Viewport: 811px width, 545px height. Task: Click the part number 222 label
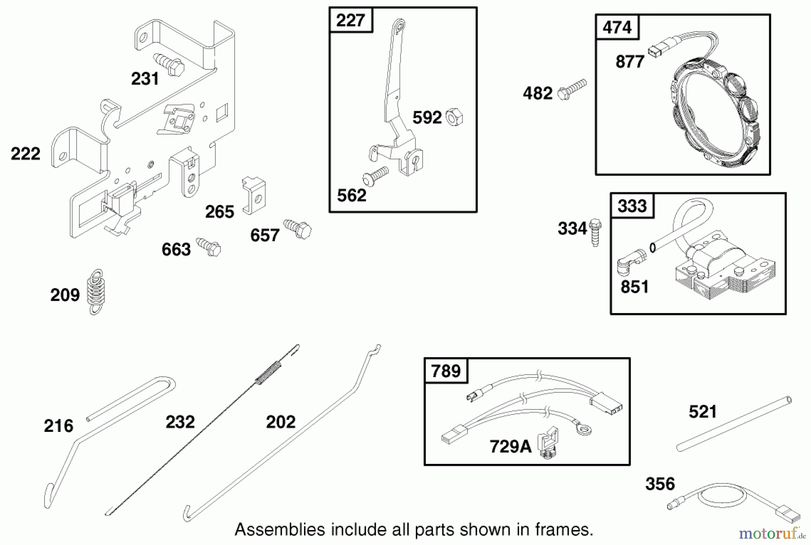26,154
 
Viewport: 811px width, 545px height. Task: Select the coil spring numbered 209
96,292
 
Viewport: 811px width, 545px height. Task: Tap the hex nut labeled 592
454,118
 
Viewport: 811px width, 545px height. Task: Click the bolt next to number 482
572,89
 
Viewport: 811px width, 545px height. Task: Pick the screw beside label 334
595,232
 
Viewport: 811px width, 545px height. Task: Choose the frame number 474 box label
617,27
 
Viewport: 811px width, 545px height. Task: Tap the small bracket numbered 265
254,195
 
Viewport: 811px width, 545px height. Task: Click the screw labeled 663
209,246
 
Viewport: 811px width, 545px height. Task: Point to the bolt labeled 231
169,65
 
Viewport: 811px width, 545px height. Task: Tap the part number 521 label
702,412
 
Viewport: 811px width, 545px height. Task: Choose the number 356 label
660,484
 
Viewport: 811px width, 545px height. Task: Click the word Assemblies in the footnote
279,530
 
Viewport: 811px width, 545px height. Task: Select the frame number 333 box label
632,206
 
